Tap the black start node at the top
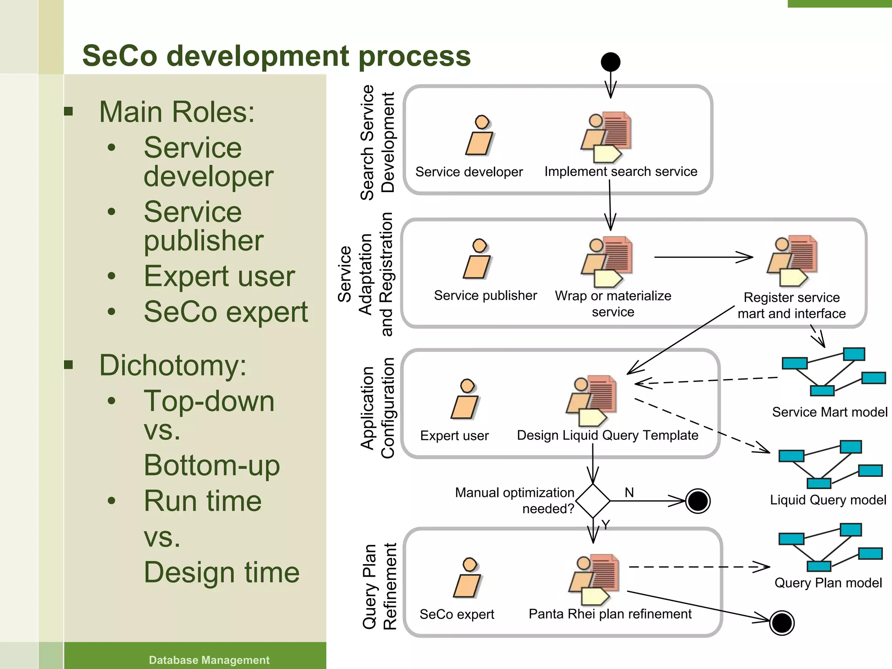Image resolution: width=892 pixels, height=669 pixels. pos(610,62)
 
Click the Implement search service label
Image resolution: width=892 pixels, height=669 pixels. pos(621,172)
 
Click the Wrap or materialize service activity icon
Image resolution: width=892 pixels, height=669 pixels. pos(607,261)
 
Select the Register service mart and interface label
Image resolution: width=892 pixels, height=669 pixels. pos(791,305)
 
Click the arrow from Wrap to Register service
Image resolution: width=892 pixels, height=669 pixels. pos(703,257)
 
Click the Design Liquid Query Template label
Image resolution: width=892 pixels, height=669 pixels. pos(607,435)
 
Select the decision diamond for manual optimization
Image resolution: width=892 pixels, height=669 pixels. pos(593,500)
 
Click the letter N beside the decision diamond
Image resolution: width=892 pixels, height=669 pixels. pos(629,492)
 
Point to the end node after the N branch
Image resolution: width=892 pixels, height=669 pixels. pos(698,501)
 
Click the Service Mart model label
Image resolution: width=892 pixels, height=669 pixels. pos(829,412)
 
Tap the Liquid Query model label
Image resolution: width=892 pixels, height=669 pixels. pos(828,500)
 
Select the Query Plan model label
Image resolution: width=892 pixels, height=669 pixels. pos(828,583)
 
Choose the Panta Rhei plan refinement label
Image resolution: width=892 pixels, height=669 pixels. pos(610,614)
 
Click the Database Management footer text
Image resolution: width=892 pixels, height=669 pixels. pos(209,660)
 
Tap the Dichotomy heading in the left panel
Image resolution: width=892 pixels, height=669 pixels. pos(172,365)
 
